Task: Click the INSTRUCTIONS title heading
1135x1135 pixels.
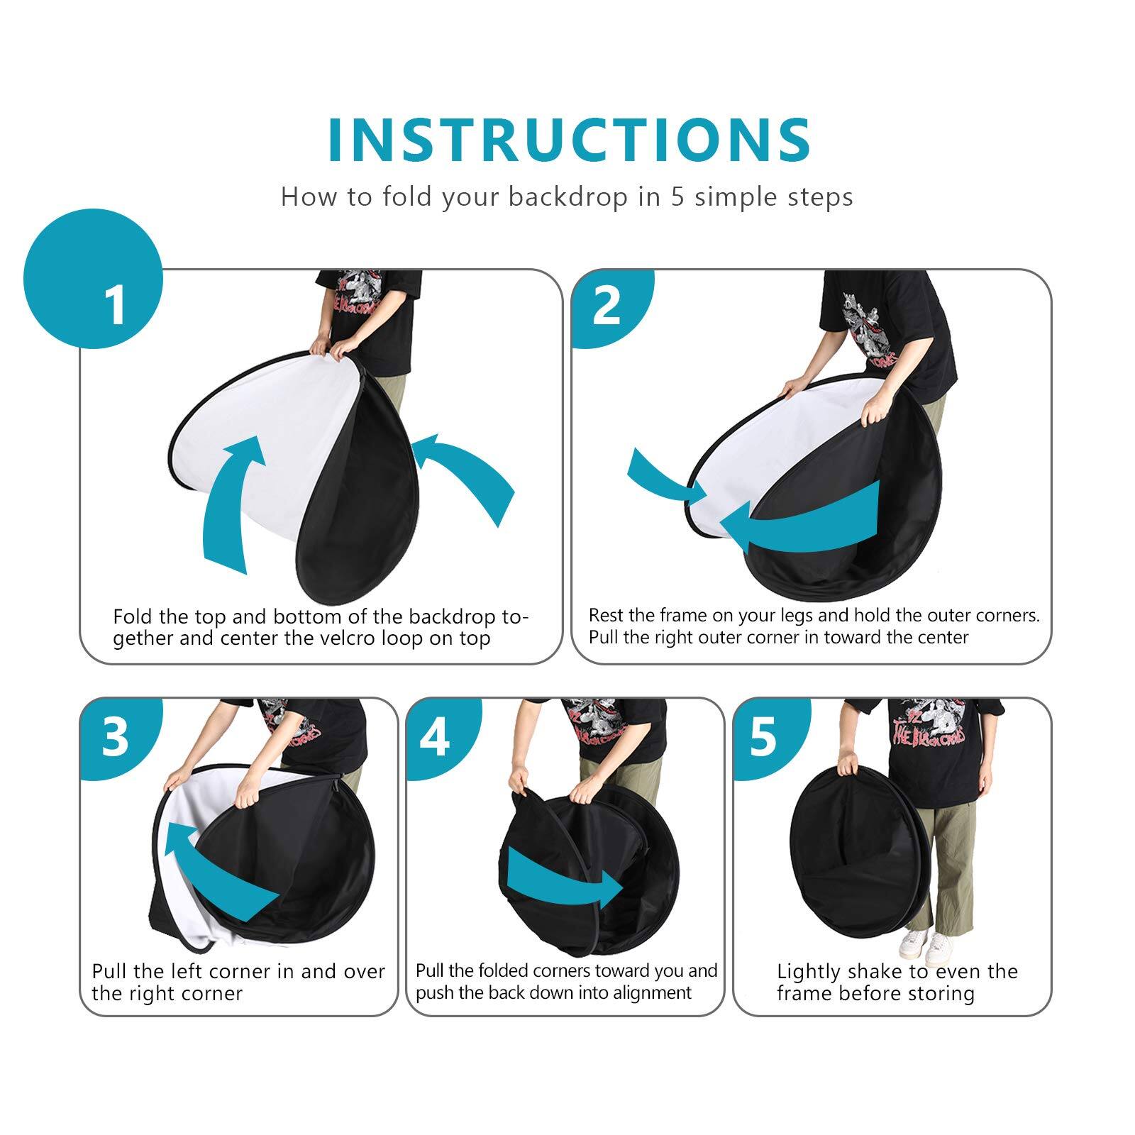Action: pos(569,140)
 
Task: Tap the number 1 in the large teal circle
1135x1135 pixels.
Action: pos(114,305)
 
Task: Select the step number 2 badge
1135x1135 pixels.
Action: pos(606,306)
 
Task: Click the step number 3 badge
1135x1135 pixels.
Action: pos(114,736)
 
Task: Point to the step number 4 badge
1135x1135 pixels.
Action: pos(434,736)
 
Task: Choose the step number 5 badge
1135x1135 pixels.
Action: pos(763,736)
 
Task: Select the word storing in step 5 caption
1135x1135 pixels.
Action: pos(939,993)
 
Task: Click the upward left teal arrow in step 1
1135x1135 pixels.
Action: pos(231,497)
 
